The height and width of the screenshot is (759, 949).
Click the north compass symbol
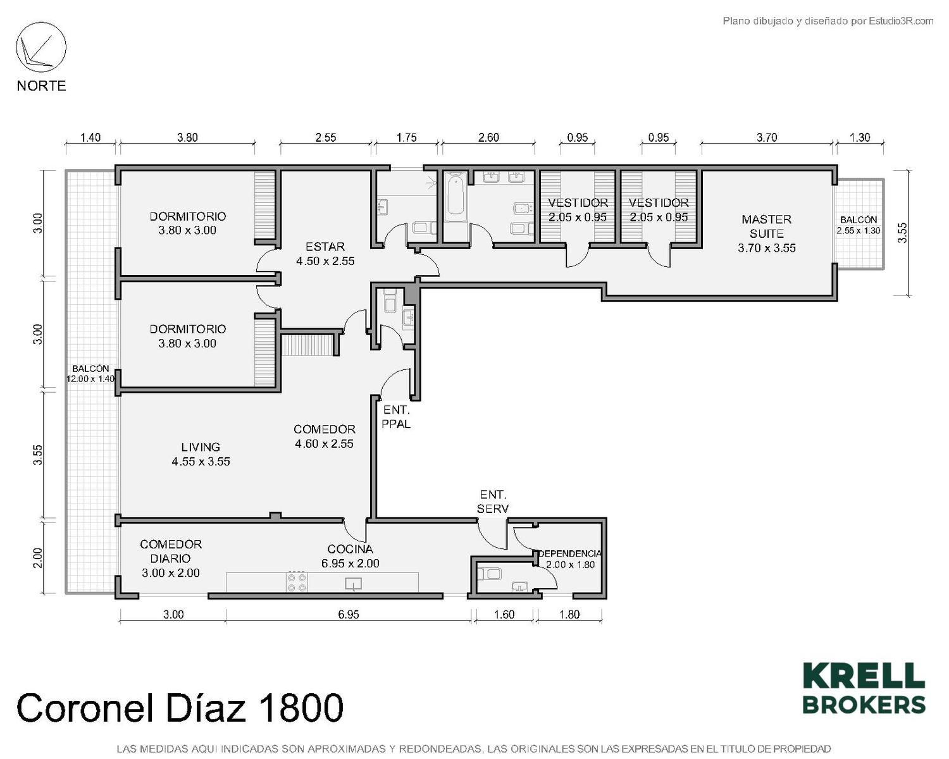(41, 47)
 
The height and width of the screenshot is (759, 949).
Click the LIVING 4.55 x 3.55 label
(201, 454)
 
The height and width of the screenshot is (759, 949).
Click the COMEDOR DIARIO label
(171, 551)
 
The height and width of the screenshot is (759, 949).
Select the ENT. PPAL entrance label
(396, 417)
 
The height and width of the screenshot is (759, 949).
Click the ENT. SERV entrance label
(493, 502)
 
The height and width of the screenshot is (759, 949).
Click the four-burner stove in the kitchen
(297, 582)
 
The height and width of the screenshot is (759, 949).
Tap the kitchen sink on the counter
(353, 583)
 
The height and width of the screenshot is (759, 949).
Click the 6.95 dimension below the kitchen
(349, 614)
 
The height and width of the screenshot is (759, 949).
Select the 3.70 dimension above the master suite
(767, 138)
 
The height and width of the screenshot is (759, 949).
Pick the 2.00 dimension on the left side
(39, 558)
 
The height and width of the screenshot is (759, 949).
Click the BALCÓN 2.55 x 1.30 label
(858, 225)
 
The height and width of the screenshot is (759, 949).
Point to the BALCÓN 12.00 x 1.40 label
(90, 373)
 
